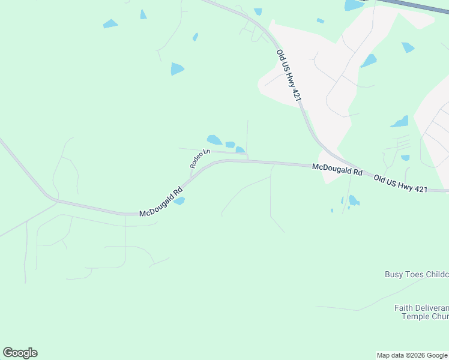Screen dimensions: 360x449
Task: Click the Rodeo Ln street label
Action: (198, 159)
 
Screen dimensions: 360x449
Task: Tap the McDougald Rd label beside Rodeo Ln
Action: (161, 204)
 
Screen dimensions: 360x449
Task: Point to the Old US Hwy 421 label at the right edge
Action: (400, 183)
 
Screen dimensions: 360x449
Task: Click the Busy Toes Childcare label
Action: (417, 274)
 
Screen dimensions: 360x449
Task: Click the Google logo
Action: (20, 353)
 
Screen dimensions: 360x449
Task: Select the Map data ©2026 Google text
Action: (412, 355)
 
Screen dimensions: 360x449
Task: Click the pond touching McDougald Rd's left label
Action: (179, 201)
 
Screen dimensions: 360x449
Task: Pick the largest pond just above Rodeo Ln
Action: (214, 139)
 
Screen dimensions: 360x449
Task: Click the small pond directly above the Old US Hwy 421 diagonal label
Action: (258, 11)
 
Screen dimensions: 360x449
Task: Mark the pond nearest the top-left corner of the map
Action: (110, 24)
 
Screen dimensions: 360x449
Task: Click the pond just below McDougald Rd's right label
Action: (354, 200)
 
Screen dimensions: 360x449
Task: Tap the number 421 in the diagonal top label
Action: (294, 90)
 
